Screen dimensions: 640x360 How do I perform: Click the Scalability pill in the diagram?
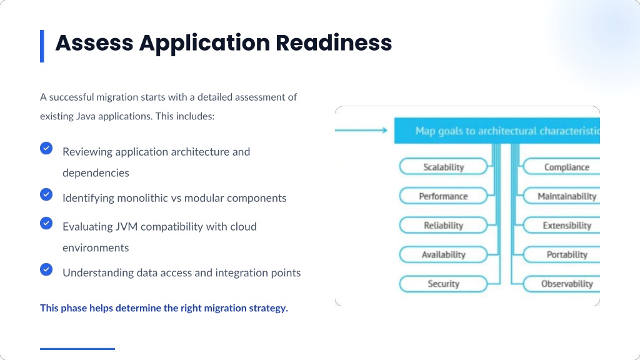(443, 166)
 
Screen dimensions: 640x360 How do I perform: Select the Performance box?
(443, 196)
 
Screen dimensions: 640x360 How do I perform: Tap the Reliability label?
(443, 225)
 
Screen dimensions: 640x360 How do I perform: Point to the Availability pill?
(443, 254)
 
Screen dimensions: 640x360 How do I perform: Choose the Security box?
(443, 284)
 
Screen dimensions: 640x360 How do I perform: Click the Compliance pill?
(562, 166)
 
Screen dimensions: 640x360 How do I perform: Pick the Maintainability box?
(562, 196)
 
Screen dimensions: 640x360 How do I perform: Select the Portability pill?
(562, 254)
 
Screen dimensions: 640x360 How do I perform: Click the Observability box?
(562, 284)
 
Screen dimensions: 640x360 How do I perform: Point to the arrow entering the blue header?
(361, 130)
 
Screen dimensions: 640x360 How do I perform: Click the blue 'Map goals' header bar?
(497, 131)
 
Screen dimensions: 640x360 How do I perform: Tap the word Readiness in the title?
(334, 43)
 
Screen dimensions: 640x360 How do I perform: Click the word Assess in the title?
(94, 43)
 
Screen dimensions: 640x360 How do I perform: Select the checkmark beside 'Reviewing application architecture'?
(46, 148)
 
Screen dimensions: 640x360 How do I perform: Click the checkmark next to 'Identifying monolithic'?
(46, 194)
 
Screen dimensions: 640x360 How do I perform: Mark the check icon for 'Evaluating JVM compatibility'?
(46, 223)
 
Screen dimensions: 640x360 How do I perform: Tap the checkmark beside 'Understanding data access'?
(46, 269)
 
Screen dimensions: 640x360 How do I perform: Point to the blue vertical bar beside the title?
(42, 46)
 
